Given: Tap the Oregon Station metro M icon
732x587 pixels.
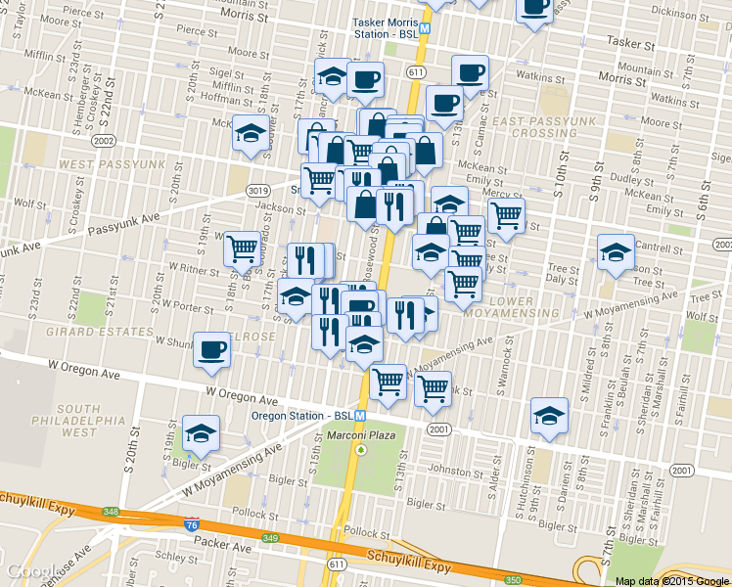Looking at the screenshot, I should tap(361, 415).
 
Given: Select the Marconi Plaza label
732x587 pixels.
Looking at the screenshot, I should tap(359, 434).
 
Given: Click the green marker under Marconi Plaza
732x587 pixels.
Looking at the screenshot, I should tap(360, 450).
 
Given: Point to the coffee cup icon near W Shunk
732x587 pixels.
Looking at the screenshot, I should tap(211, 350).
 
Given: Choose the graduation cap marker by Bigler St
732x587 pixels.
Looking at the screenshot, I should tap(201, 432).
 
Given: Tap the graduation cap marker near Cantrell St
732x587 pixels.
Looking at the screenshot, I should tap(616, 252).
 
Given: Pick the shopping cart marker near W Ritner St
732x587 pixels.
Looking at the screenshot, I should tap(242, 248).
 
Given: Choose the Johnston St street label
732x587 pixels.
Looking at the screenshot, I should tap(451, 471).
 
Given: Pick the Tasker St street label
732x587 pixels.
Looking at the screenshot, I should tap(629, 41).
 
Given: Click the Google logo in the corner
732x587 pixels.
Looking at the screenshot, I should tap(28, 571).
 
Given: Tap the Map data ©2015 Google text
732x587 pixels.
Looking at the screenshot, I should tap(672, 581).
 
